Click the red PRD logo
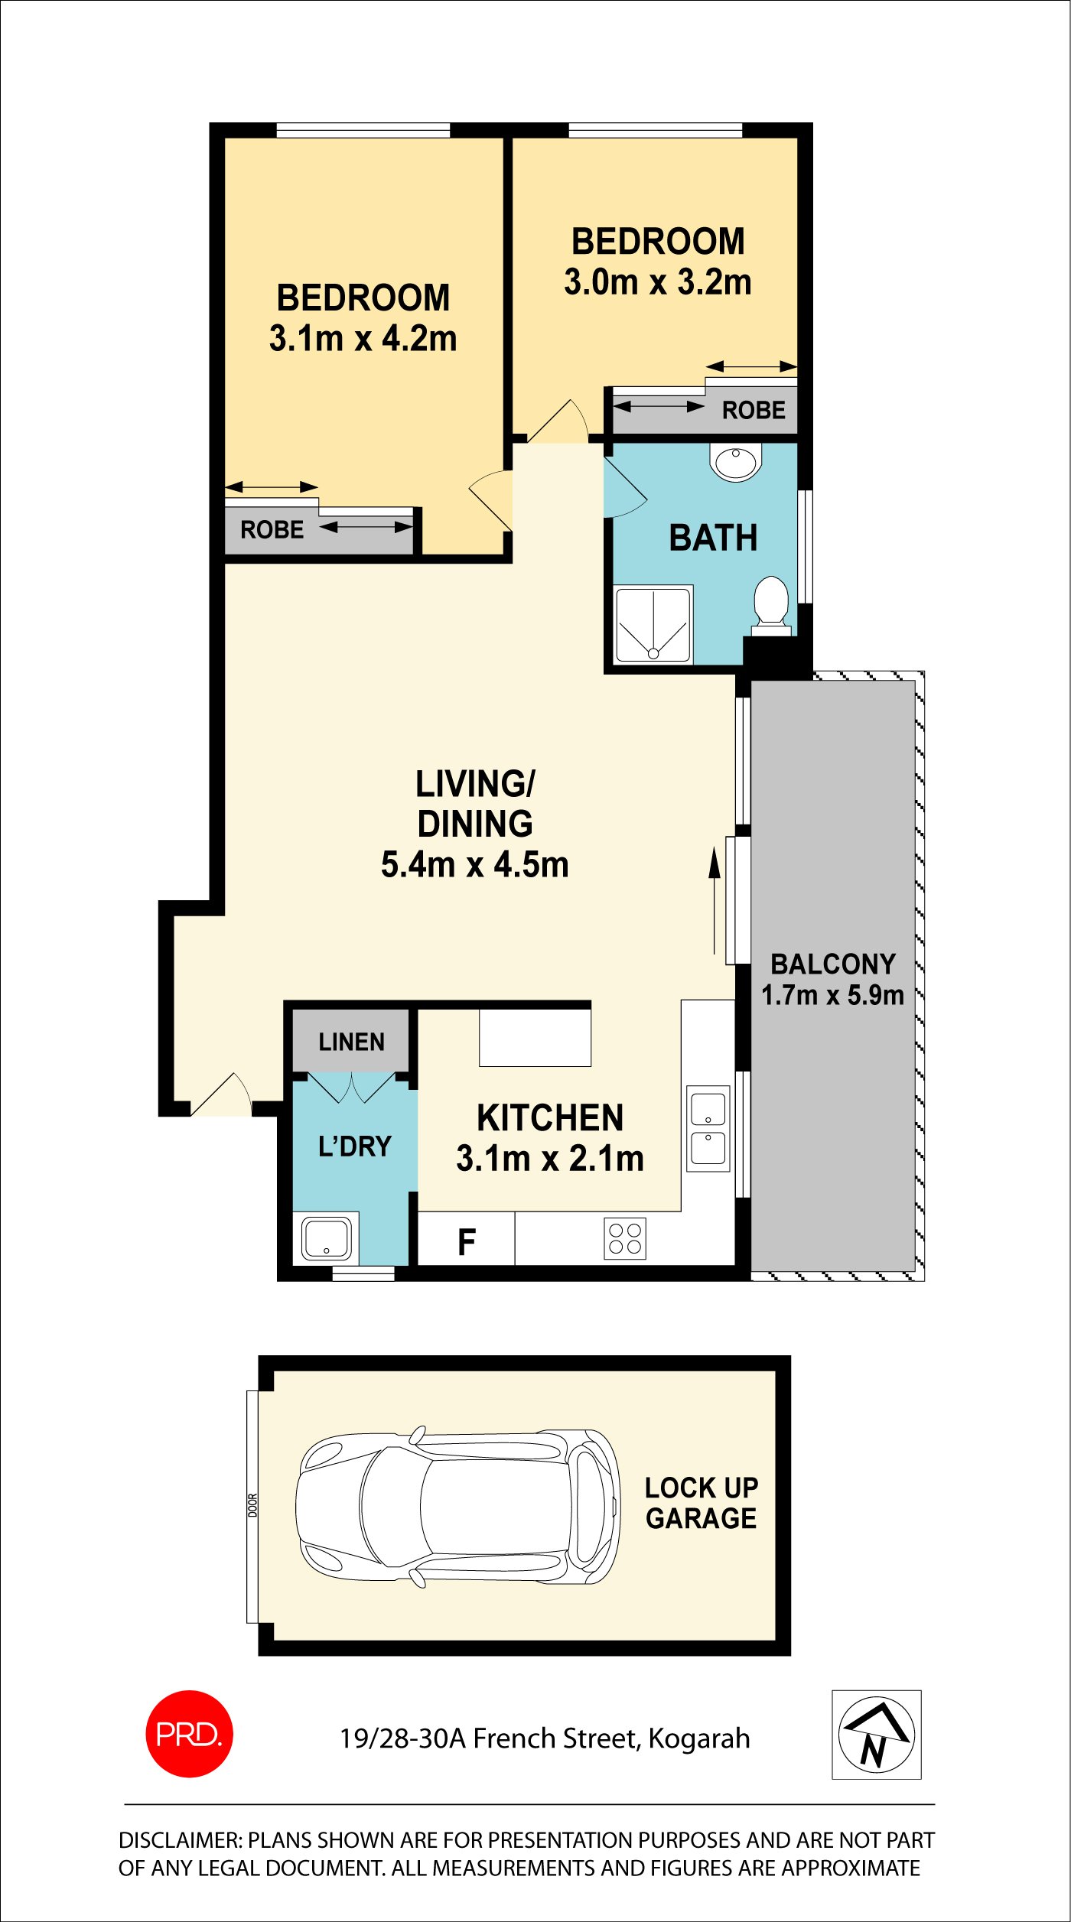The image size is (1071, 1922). (189, 1733)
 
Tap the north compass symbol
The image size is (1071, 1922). (876, 1734)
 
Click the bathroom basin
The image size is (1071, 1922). (736, 462)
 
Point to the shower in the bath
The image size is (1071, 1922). (653, 625)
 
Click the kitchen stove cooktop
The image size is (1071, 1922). (625, 1238)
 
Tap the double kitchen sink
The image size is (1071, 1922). (708, 1128)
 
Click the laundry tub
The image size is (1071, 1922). (327, 1238)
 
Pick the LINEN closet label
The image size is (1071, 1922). (351, 1042)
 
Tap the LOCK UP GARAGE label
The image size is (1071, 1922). (701, 1503)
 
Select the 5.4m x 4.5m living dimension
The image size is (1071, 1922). (474, 864)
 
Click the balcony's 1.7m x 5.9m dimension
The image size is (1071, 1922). (832, 995)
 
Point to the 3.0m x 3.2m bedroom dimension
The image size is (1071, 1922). (658, 282)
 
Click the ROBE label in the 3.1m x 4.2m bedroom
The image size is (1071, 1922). (272, 529)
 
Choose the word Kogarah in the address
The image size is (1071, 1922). (699, 1738)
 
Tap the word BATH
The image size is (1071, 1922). (713, 538)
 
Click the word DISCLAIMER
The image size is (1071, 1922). (180, 1840)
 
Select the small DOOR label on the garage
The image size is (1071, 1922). (252, 1505)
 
